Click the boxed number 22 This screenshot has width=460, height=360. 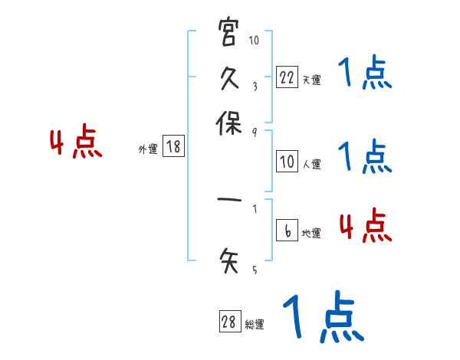[287, 77]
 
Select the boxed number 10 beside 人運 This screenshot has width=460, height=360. [287, 162]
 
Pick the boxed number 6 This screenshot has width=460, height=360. [287, 232]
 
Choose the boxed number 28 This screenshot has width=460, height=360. [229, 322]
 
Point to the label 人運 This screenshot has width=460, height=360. [311, 164]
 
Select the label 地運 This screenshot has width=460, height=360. [311, 234]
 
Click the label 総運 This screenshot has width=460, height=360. [255, 325]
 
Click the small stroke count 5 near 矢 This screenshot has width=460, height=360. [255, 270]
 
